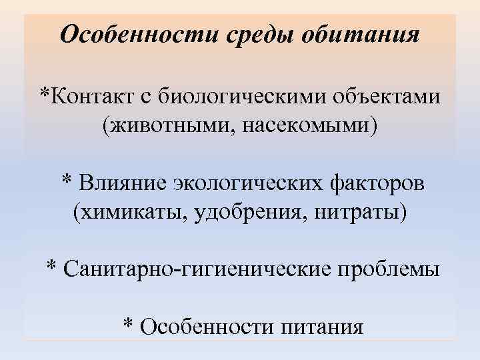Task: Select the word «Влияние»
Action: [x=124, y=182]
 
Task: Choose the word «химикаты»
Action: [x=130, y=212]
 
